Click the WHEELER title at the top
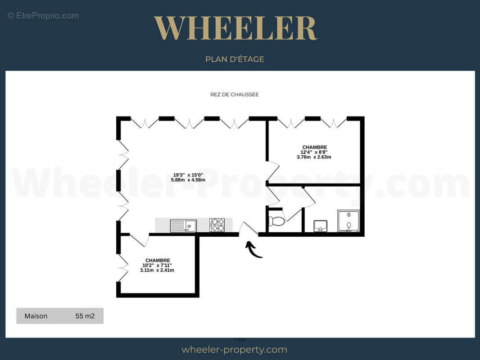coord(235,28)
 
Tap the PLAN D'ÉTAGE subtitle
coord(235,59)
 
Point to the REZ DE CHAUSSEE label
coord(234,94)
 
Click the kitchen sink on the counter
coord(183,225)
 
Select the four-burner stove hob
coord(217,225)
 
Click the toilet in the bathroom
coord(276,221)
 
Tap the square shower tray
coord(349,221)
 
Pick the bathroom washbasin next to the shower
coord(321,225)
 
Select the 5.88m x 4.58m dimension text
coord(188,180)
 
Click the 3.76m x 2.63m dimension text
coord(314,157)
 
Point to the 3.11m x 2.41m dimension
coord(158,270)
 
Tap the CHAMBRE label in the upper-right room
coord(314,147)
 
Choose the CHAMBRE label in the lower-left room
coord(158,260)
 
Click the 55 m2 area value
coord(85,316)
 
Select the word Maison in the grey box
coord(36,316)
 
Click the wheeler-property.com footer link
coord(234,350)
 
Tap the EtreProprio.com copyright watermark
coord(43,16)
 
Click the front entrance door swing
coord(248,229)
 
